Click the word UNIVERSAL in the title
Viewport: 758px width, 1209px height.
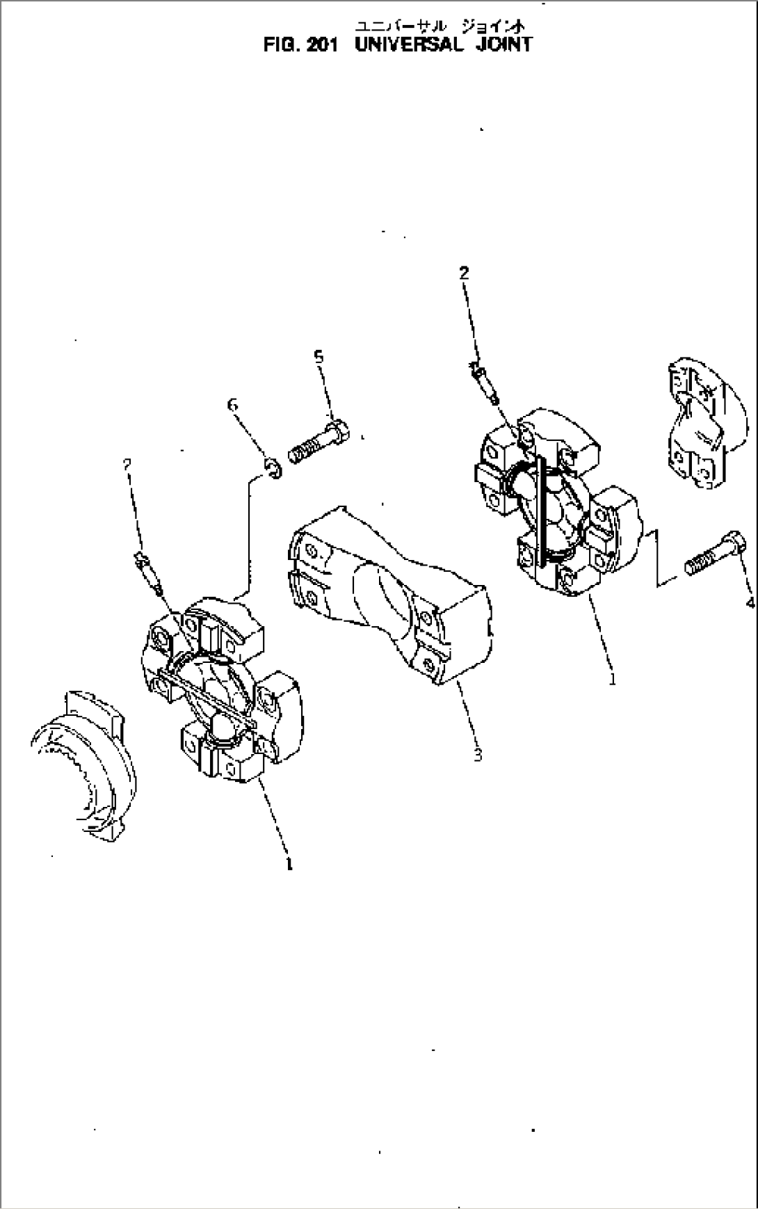tap(408, 45)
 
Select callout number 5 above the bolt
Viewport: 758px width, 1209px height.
tap(318, 357)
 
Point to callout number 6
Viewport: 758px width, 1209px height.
tap(232, 404)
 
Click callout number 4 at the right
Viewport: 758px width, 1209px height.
tap(750, 602)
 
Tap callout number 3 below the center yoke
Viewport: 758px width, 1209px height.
tap(478, 755)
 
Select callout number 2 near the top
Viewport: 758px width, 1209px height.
tap(464, 273)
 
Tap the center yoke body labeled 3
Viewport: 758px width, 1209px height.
tap(389, 591)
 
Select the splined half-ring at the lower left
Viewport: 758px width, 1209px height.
tap(83, 765)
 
